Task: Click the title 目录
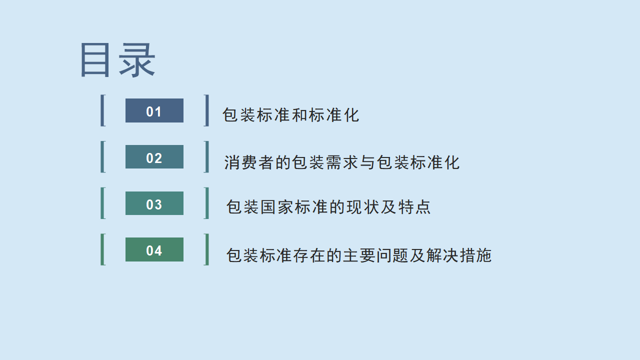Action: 118,60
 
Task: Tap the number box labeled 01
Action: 154,110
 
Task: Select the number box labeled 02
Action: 154,157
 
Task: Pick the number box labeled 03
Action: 154,203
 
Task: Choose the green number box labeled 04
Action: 154,249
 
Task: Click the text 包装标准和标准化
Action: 290,115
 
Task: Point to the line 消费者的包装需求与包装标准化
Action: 341,162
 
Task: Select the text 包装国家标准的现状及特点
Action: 328,207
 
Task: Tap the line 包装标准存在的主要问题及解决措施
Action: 359,255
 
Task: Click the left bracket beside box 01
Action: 102,110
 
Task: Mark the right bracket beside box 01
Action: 207,110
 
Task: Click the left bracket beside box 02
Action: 102,157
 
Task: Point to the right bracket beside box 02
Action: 207,157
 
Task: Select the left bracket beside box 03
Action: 102,203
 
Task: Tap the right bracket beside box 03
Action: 207,203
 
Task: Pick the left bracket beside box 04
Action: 102,249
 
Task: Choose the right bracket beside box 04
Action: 207,249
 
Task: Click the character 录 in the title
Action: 137,60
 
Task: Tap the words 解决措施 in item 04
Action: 459,255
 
